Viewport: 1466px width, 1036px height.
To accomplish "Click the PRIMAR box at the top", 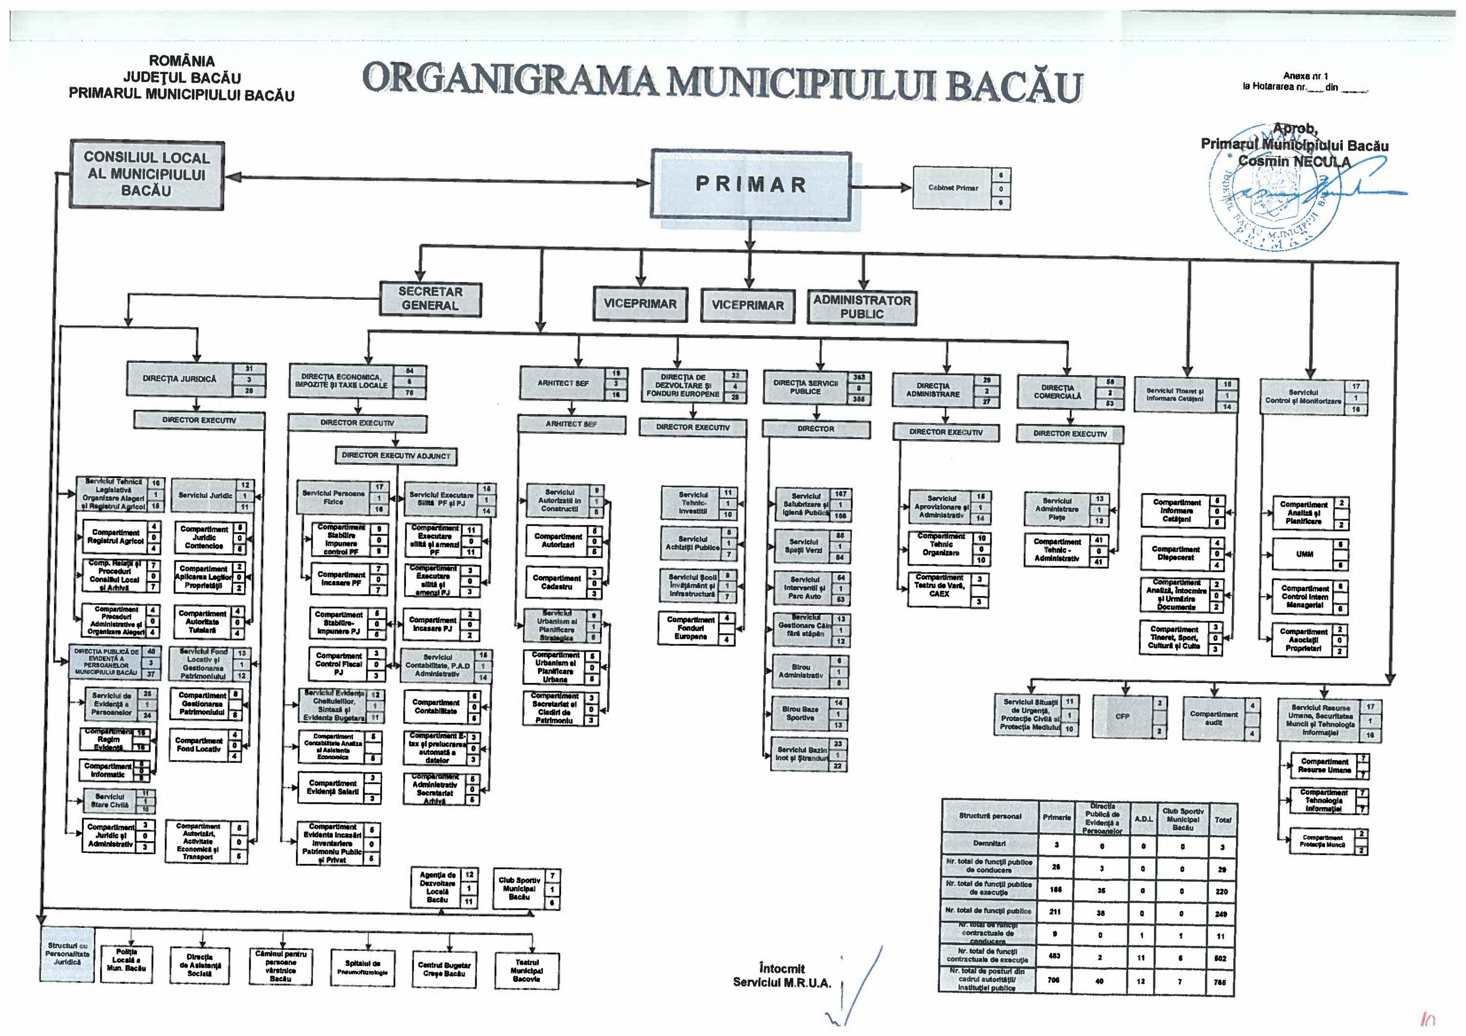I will point(751,185).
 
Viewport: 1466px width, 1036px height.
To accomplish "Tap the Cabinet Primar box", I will point(952,188).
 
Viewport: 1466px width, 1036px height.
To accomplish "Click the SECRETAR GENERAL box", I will point(431,299).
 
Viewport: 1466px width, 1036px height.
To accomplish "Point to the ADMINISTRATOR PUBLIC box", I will point(862,307).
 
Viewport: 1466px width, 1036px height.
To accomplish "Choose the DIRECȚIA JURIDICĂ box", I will point(179,379).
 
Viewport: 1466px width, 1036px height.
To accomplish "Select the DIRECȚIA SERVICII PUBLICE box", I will point(805,388).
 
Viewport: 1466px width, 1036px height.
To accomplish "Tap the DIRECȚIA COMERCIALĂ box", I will point(1057,392).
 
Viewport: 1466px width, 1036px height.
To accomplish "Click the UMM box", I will point(1304,554).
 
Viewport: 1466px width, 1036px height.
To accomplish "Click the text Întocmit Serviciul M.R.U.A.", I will point(781,976).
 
